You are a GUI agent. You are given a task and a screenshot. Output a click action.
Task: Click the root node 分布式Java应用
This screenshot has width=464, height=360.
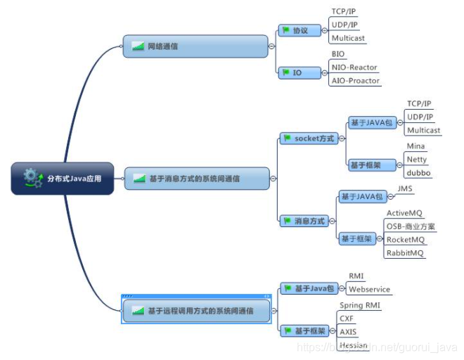63,179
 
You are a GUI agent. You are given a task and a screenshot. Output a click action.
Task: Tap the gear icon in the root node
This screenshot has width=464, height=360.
32,178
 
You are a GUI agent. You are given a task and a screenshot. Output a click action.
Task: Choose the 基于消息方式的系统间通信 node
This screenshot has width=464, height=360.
197,179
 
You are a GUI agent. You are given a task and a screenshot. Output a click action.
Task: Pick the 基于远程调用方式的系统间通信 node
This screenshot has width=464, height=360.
197,310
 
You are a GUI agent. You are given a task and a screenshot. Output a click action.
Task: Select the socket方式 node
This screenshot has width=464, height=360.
309,139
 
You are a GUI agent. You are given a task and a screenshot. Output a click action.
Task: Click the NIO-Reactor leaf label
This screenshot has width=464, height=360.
354,67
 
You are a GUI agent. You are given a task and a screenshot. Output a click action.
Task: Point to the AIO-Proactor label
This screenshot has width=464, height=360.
356,80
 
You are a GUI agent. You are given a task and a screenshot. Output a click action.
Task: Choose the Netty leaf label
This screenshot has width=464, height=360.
417,160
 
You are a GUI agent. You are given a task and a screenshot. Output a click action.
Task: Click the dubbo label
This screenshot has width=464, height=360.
418,172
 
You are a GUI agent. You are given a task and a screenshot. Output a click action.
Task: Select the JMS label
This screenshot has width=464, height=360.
405,189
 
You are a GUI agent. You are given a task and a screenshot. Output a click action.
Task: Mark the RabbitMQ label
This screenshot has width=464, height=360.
406,252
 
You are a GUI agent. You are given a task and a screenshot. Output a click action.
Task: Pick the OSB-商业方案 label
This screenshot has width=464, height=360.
411,226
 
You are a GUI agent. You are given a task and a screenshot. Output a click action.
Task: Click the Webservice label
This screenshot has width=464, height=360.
369,289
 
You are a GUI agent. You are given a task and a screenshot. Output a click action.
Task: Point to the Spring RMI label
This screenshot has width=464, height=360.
360,305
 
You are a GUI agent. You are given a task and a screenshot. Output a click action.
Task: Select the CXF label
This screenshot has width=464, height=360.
347,319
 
